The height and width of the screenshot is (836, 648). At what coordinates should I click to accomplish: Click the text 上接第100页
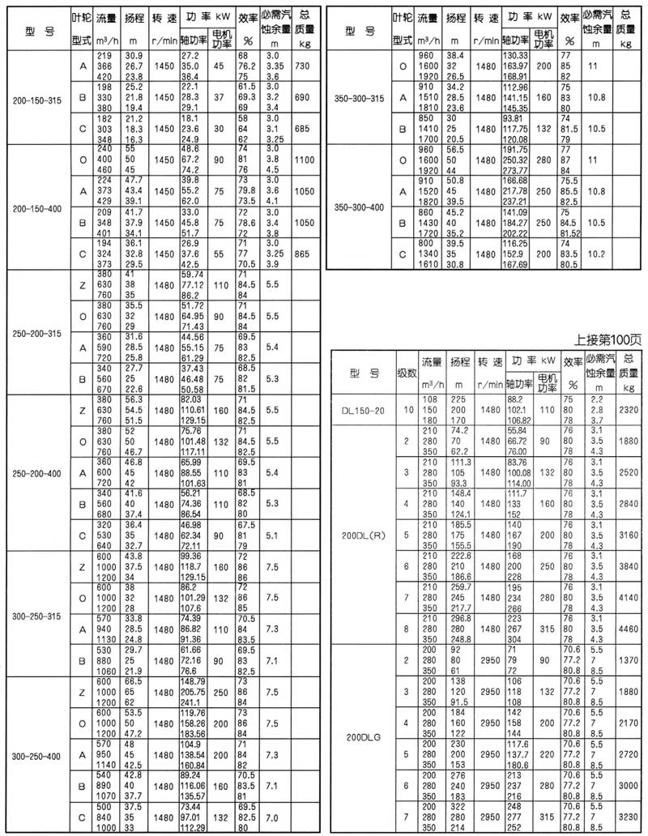tap(608, 339)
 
